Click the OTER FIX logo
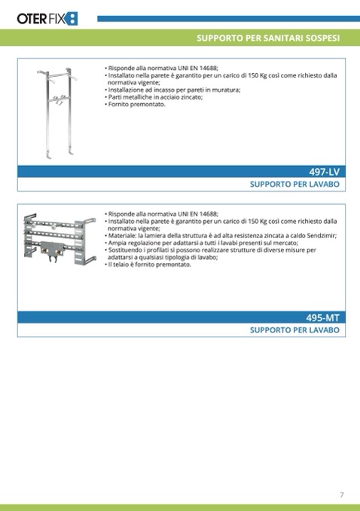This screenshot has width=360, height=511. (x=47, y=19)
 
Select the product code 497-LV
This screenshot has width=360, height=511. (x=324, y=172)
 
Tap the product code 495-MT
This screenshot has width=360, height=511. (x=322, y=317)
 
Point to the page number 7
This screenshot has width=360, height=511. (x=341, y=494)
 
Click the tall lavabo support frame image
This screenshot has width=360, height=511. (x=58, y=113)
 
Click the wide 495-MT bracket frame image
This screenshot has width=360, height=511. (x=59, y=239)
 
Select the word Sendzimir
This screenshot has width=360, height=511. (x=322, y=236)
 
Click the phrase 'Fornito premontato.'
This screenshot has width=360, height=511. (x=137, y=104)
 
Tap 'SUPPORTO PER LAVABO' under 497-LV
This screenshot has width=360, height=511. (x=294, y=185)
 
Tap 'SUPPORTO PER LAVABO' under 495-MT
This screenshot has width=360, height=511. (x=294, y=330)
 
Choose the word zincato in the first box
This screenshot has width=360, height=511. (x=191, y=97)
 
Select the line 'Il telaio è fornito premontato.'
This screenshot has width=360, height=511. (x=150, y=265)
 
